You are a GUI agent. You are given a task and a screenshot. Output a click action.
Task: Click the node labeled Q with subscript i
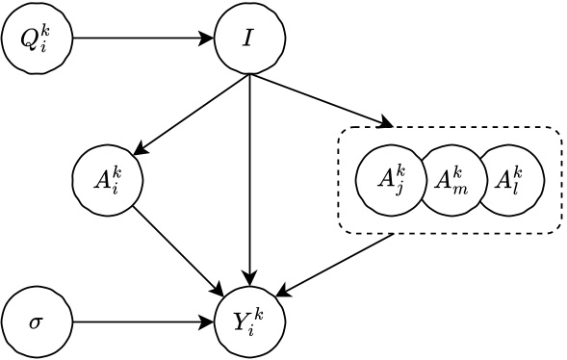(x=37, y=39)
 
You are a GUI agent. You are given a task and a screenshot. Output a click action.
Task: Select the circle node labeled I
(x=250, y=39)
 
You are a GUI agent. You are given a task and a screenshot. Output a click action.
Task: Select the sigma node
(x=37, y=321)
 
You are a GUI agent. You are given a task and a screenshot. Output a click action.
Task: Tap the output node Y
(x=250, y=321)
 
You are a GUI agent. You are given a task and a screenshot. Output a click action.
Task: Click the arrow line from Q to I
(x=140, y=39)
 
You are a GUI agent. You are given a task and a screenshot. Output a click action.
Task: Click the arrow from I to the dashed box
(x=322, y=101)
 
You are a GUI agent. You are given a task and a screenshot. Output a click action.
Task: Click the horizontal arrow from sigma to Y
(x=140, y=321)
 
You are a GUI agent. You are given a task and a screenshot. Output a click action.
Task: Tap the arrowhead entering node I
(x=207, y=39)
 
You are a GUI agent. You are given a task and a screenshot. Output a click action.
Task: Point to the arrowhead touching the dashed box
(x=386, y=123)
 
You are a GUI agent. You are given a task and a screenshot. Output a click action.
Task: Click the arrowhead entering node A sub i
(x=140, y=150)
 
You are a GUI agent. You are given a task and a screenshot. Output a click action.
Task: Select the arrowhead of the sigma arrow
(x=207, y=321)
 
